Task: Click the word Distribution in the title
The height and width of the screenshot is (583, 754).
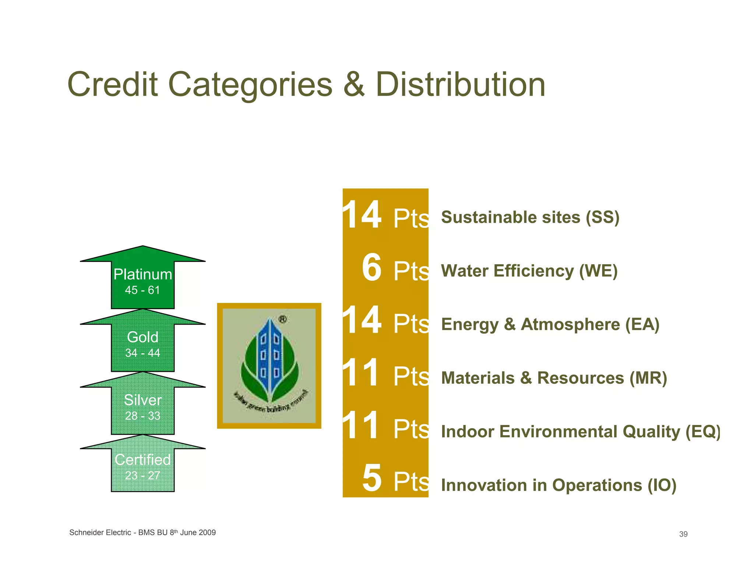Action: click(460, 85)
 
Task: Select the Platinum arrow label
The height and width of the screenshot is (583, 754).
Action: click(143, 275)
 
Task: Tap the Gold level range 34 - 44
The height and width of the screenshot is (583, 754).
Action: click(143, 353)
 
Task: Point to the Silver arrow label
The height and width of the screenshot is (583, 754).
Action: click(143, 400)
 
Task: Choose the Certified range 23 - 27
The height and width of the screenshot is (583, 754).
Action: click(143, 475)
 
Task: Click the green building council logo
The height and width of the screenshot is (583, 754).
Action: click(269, 366)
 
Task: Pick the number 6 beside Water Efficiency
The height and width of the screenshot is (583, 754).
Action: click(371, 268)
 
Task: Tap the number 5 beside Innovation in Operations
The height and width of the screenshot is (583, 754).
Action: click(372, 478)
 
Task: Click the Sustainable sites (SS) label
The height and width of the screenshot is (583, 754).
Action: click(530, 217)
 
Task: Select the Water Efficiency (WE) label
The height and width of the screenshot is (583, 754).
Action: click(529, 271)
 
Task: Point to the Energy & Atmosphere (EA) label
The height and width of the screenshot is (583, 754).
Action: click(550, 325)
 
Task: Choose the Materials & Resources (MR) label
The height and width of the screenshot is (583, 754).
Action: click(554, 378)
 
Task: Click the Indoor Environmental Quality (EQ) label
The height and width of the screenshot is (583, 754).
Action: click(581, 432)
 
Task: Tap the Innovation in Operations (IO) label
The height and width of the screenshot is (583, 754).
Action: click(559, 485)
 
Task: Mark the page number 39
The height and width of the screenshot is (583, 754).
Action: click(683, 534)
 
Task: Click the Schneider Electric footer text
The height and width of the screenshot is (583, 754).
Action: click(142, 533)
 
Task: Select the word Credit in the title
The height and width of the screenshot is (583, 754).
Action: click(113, 85)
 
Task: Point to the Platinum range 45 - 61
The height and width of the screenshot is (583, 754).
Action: click(143, 290)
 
